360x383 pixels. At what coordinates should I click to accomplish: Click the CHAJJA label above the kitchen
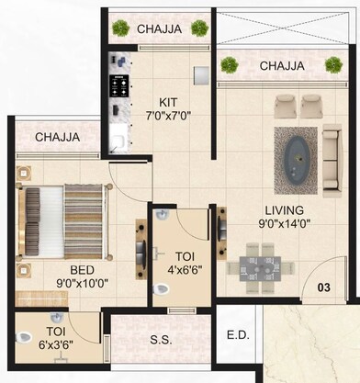coord(160,29)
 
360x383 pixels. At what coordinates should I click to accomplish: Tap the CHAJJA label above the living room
coord(283,65)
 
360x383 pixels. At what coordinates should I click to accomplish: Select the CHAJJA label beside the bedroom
coord(57,138)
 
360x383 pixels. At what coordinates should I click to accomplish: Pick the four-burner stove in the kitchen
coord(119,85)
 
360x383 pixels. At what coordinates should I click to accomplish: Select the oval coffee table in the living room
coord(298,149)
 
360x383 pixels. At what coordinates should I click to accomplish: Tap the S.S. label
coord(160,341)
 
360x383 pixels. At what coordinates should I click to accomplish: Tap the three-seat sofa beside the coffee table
coord(332,150)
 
